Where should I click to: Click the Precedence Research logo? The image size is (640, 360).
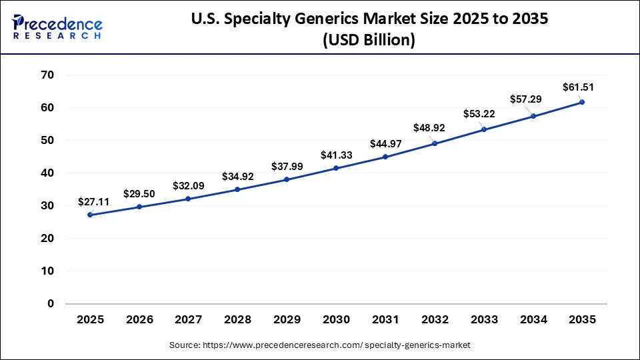pos(57,27)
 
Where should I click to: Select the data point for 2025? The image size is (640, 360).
pos(90,215)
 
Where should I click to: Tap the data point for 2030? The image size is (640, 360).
pos(336,168)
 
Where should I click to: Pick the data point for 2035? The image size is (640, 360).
pos(582,102)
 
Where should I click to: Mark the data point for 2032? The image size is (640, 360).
pos(435,143)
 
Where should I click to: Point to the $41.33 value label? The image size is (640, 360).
pos(336,155)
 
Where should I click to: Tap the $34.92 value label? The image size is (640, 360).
pos(238,177)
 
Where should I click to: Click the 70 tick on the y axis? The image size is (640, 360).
pos(47,75)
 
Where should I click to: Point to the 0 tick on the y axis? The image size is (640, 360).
pos(51,304)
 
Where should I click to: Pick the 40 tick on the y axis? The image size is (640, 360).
pos(47,173)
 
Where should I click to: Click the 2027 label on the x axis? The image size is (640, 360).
pos(189,320)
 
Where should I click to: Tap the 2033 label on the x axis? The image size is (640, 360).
pos(484,320)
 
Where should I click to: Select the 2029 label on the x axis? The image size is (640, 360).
pos(287,320)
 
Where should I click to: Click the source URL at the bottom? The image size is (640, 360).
pos(319,345)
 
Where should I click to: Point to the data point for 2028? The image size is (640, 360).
pos(238,189)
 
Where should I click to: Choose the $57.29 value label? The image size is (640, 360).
pos(527,99)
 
